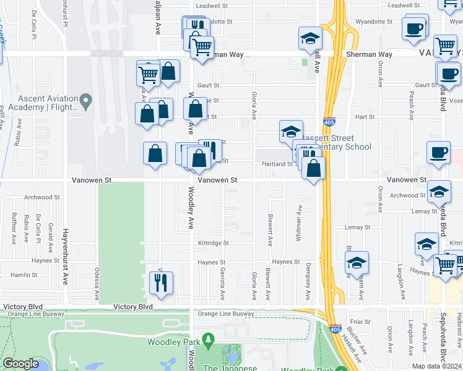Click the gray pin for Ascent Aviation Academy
87,100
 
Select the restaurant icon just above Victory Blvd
161,283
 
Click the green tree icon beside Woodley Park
209,339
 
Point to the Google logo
21,364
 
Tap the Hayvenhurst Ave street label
64,257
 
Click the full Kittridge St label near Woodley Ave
214,244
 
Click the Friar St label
360,322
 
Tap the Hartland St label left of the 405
277,164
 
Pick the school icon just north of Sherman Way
310,39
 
